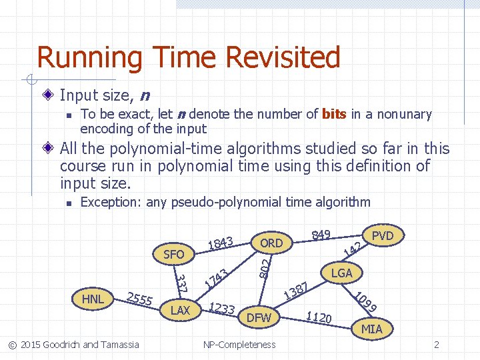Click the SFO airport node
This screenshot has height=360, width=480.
point(174,254)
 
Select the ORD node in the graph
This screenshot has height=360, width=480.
point(271,243)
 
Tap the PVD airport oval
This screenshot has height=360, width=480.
point(383,235)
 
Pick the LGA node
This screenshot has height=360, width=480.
point(342,273)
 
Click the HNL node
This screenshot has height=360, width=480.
point(93,299)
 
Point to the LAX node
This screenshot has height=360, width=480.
point(180,311)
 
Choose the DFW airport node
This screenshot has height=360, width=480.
point(259,318)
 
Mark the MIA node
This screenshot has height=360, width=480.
point(371,329)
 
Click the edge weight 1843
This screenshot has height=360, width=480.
point(220,243)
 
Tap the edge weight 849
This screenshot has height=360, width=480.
point(322,234)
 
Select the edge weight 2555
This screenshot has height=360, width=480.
point(140,299)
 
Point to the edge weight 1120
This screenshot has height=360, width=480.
point(319,317)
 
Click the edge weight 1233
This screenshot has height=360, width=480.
point(221,308)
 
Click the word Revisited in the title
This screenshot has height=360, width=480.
point(283,58)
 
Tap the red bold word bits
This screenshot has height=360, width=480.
point(334,115)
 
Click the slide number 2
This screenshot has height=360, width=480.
point(436,345)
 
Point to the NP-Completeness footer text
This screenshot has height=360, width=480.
point(239,345)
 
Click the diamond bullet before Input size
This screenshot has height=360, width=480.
point(51,95)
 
